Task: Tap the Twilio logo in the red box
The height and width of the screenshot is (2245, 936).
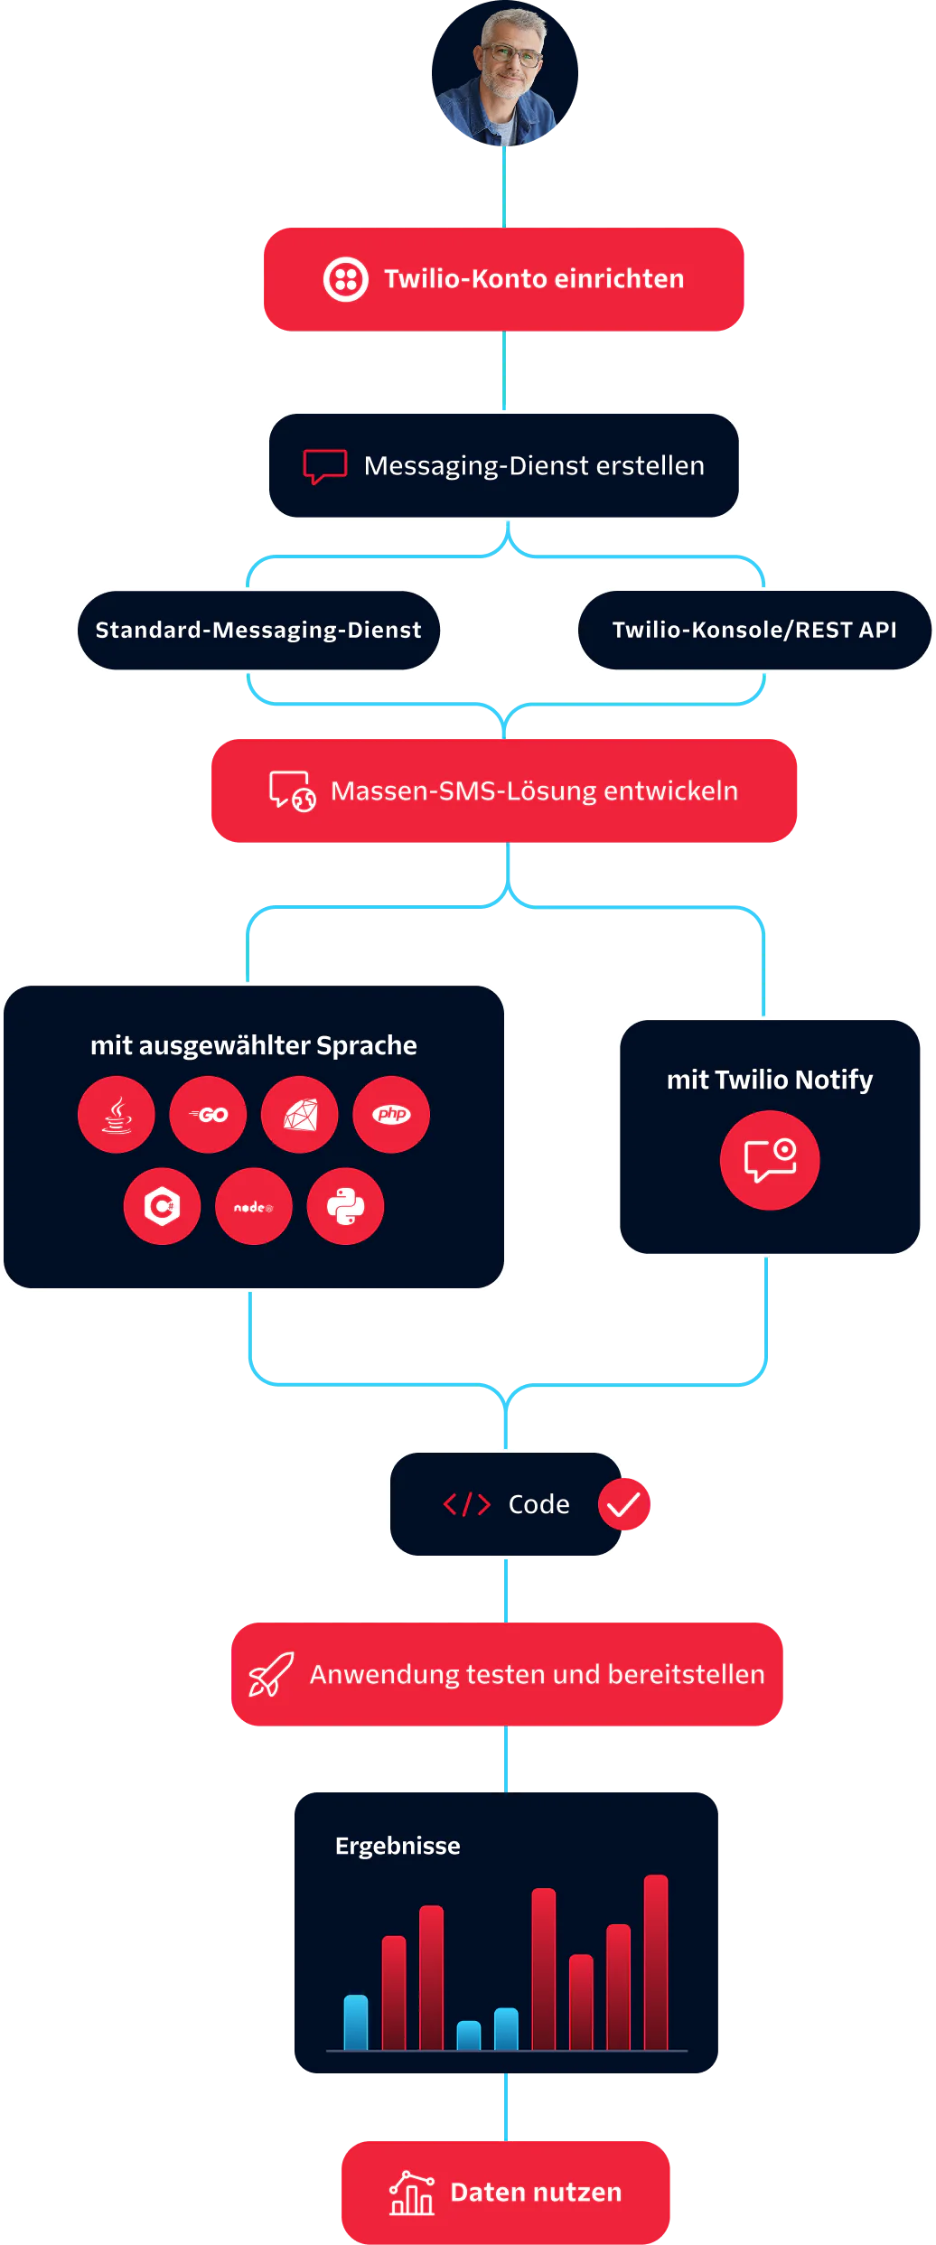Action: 346,279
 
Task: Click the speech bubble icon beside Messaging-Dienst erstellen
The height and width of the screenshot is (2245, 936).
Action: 324,466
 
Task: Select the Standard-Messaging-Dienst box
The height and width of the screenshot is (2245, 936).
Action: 258,630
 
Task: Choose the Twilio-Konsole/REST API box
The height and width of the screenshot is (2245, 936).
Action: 754,630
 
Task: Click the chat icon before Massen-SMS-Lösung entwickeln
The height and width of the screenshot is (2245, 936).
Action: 292,791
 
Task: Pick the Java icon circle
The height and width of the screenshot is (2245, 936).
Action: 117,1114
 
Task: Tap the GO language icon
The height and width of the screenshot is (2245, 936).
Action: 208,1114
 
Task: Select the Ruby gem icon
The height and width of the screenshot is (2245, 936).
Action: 300,1114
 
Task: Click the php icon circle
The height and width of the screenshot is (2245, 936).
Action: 391,1114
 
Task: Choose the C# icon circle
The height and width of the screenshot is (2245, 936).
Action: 163,1206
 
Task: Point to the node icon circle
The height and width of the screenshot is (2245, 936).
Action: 254,1206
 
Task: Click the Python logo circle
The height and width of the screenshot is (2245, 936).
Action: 345,1206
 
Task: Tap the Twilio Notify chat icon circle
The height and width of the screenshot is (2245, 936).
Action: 770,1160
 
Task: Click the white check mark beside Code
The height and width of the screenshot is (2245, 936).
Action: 623,1504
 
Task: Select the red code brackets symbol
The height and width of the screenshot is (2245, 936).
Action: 466,1504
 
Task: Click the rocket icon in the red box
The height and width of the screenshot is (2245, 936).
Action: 270,1674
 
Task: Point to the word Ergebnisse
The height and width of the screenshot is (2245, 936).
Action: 398,1846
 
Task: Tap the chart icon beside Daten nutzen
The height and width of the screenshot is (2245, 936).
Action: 411,2193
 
